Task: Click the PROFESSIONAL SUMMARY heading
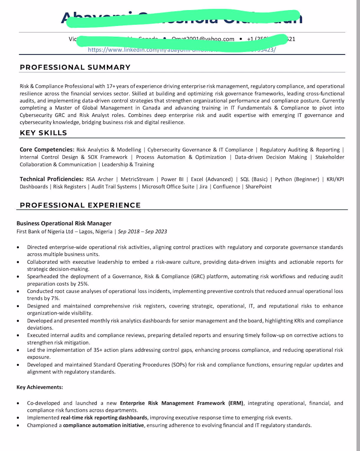(75, 67)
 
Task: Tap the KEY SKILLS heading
(43, 133)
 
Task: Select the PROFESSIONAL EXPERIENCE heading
(80, 205)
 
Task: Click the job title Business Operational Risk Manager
(64, 223)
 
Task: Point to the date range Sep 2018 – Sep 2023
(143, 231)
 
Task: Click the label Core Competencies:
(47, 150)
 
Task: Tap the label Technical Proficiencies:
(52, 179)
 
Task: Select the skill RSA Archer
(100, 179)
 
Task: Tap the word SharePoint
(258, 187)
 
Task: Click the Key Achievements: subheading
(40, 387)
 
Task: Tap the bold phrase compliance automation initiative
(104, 425)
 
